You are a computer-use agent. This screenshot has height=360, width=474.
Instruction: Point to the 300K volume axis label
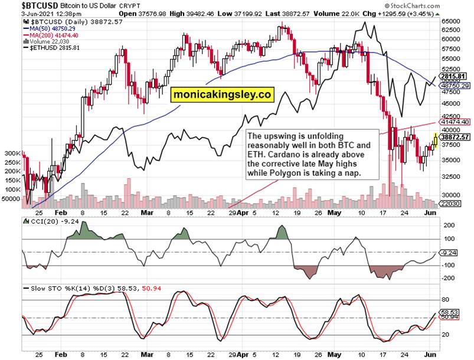coord(12,153)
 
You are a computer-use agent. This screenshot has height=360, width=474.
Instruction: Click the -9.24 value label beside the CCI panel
coord(450,253)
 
